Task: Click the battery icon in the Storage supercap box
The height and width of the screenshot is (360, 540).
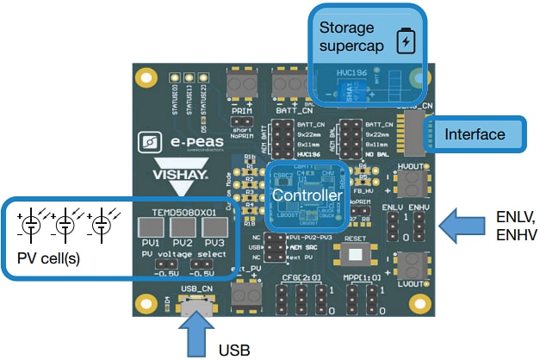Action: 405,40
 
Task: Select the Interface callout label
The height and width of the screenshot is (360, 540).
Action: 475,134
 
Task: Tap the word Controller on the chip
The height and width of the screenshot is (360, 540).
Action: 308,196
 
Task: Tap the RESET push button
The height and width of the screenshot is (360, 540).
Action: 354,254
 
